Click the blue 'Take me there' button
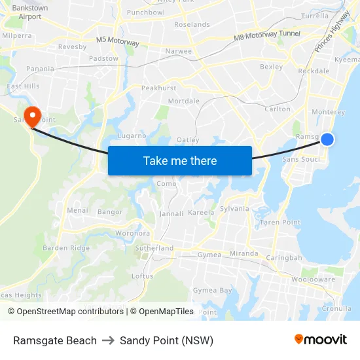pos(180,160)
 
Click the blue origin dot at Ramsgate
pos(327,139)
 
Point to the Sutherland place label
pos(154,248)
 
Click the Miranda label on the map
pos(245,253)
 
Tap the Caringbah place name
pos(283,258)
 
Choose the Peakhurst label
pos(158,88)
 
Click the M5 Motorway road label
pos(118,41)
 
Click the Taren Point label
pos(280,223)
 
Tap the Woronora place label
pos(132,233)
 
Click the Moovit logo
pos(320,340)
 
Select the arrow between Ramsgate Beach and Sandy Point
pos(108,340)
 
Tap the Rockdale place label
pos(314,71)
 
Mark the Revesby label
pos(71,47)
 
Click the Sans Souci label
pos(301,159)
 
